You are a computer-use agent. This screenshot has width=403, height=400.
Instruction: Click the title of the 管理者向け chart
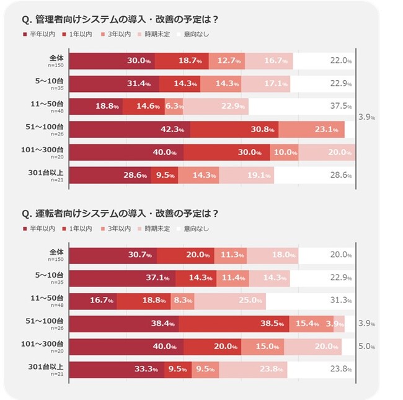pyautogui.click(x=120, y=19)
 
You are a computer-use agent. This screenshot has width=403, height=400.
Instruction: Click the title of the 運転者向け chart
pyautogui.click(x=120, y=214)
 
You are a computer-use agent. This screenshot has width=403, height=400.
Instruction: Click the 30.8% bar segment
pyautogui.click(x=234, y=129)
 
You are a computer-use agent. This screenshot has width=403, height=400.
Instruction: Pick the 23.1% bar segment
pyautogui.click(x=311, y=129)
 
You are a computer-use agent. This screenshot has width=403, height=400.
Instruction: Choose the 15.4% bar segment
pyautogui.click(x=311, y=324)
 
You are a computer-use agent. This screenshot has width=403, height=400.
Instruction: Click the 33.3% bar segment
pyautogui.click(x=117, y=370)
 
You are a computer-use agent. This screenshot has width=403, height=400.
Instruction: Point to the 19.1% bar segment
pyautogui.click(x=246, y=176)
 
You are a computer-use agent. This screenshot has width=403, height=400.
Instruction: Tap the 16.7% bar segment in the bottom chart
pyautogui.click(x=92, y=301)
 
